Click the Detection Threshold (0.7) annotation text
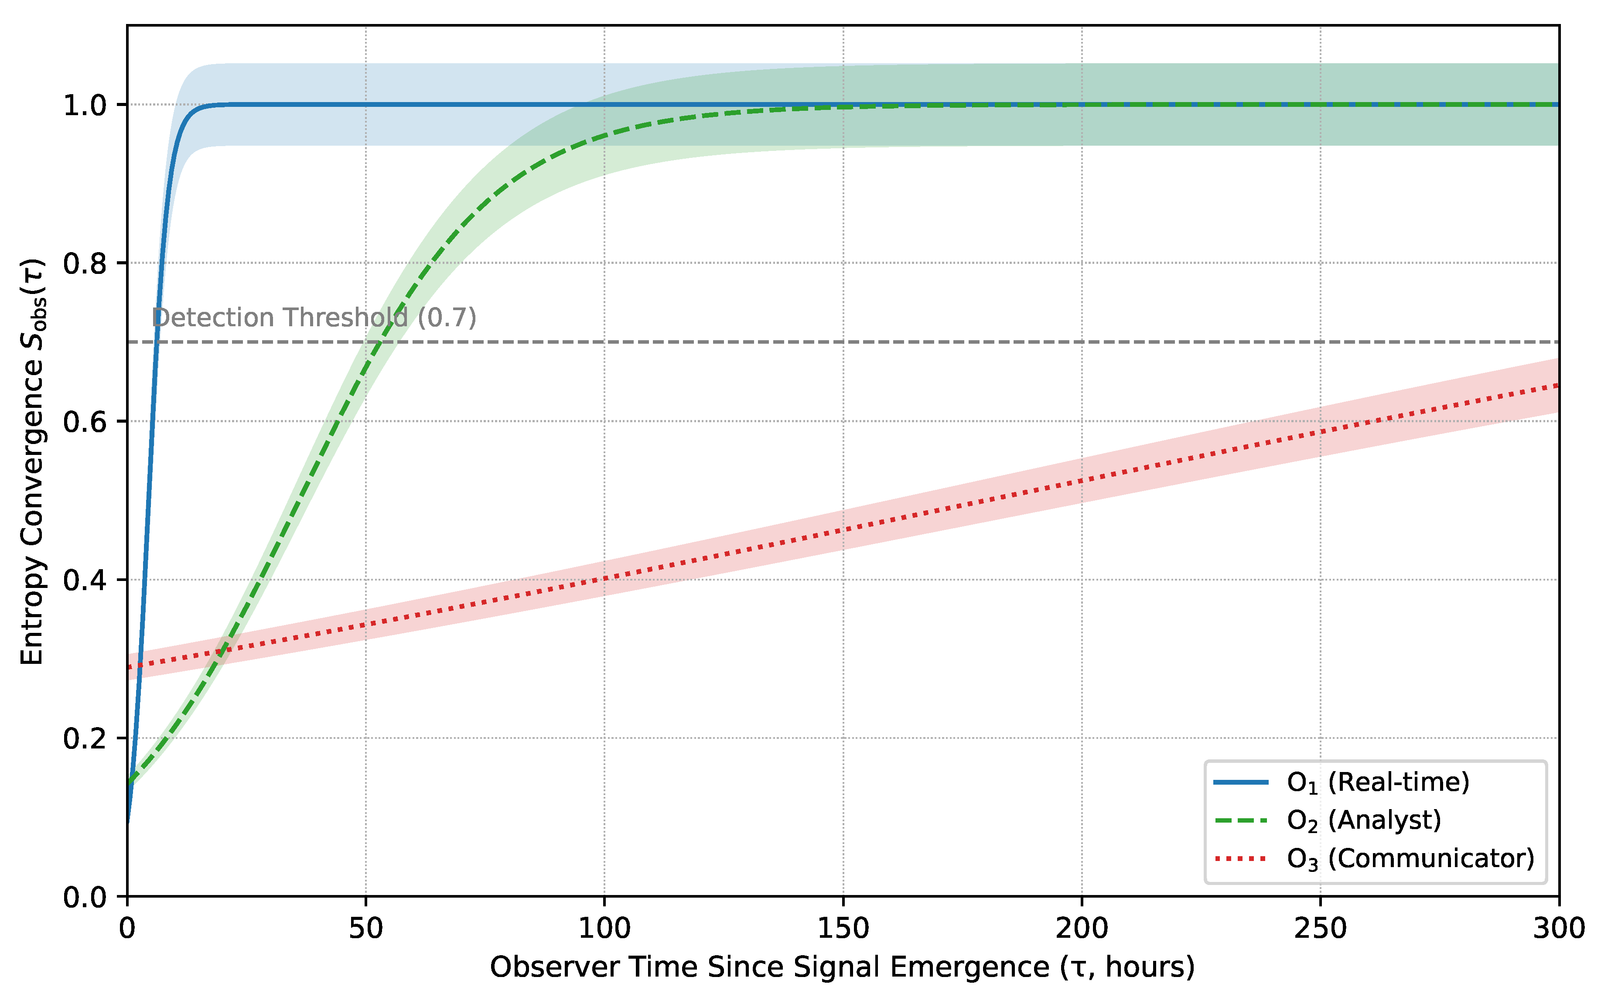(314, 318)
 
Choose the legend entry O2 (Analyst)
(1363, 820)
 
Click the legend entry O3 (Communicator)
(1410, 859)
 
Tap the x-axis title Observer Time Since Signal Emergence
(842, 967)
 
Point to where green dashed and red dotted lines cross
(222, 651)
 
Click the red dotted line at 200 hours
(1082, 481)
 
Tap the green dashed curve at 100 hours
(604, 136)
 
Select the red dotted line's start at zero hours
(129, 667)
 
